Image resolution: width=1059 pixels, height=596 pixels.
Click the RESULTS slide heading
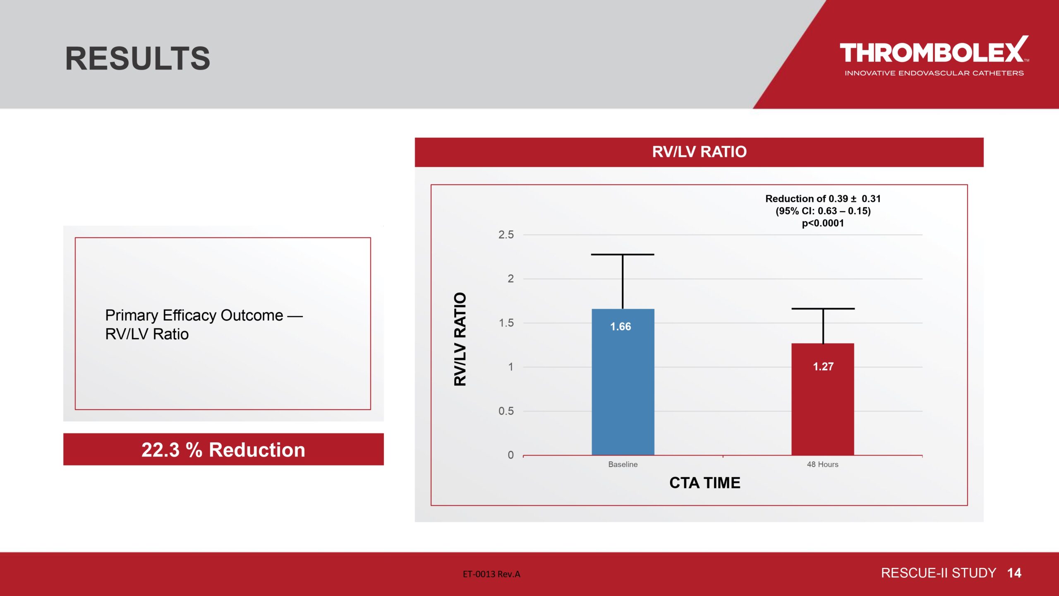click(x=138, y=58)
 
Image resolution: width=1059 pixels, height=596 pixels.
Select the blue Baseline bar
click(x=623, y=382)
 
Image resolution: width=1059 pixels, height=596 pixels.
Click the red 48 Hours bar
click(x=823, y=399)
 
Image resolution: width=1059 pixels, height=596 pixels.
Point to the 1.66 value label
click(x=621, y=327)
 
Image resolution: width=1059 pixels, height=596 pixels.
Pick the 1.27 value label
click(x=823, y=366)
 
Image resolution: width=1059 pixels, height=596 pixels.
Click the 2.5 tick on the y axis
click(x=506, y=235)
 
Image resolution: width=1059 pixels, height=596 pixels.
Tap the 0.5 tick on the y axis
click(x=506, y=411)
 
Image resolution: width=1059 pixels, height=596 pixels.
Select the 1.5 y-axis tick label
click(x=506, y=323)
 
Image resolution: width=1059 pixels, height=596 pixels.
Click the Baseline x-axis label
click(x=623, y=464)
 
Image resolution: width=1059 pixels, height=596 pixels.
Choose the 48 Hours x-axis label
click(x=823, y=464)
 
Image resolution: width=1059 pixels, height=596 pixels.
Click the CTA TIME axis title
click(x=705, y=483)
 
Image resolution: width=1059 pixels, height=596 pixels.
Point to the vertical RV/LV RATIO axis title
click(x=460, y=339)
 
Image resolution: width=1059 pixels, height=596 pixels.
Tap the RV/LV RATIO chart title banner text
click(x=700, y=152)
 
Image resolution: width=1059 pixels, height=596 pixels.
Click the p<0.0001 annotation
click(x=823, y=223)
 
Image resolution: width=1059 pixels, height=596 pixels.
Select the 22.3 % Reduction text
click(x=223, y=450)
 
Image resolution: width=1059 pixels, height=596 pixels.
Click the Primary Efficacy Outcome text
click(x=194, y=315)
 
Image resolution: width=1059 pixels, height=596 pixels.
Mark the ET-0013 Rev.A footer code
click(x=491, y=574)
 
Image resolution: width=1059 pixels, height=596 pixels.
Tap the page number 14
click(x=1014, y=573)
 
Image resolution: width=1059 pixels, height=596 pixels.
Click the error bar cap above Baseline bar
click(x=623, y=255)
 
